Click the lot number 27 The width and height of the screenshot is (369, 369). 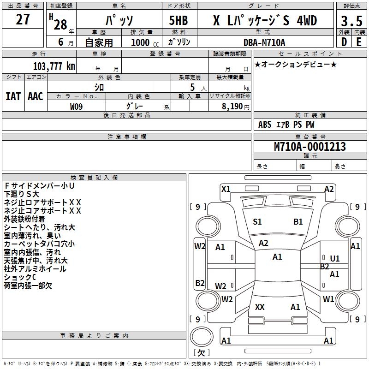[x=23, y=19]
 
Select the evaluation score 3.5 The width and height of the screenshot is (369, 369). [x=351, y=21]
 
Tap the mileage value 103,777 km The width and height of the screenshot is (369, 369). [x=54, y=66]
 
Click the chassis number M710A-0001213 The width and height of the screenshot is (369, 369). [x=309, y=147]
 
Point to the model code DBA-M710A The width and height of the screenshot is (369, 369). [x=264, y=42]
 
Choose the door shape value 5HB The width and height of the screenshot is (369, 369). [x=178, y=20]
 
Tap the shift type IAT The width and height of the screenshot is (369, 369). [x=13, y=96]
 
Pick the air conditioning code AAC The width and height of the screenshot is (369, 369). [x=35, y=96]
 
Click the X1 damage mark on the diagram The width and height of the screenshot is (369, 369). [x=226, y=189]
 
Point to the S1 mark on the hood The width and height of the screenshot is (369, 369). [x=257, y=222]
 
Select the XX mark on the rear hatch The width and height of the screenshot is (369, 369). [x=260, y=307]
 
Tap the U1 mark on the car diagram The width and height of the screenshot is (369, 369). [x=334, y=259]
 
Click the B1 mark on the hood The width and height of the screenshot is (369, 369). [x=298, y=222]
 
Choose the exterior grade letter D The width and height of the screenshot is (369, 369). [x=344, y=42]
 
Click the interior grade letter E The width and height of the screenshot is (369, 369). [x=358, y=42]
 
